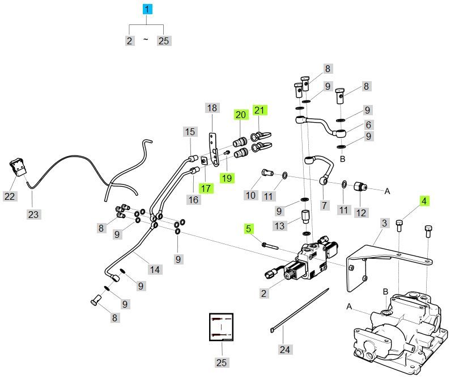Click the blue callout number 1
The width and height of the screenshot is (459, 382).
[x=147, y=9]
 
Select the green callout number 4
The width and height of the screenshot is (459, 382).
[x=425, y=200]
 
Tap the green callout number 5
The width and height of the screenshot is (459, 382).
[x=248, y=229]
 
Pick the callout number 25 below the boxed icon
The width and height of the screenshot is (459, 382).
[x=221, y=362]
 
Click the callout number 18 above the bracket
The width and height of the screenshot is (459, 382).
[x=211, y=108]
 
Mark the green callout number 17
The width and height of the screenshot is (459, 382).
[x=205, y=188]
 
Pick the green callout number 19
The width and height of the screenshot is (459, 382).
[x=227, y=178]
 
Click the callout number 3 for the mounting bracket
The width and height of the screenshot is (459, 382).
[x=384, y=223]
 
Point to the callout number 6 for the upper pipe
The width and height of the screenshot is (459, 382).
[x=368, y=124]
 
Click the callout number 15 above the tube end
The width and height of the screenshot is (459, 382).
[x=190, y=132]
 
